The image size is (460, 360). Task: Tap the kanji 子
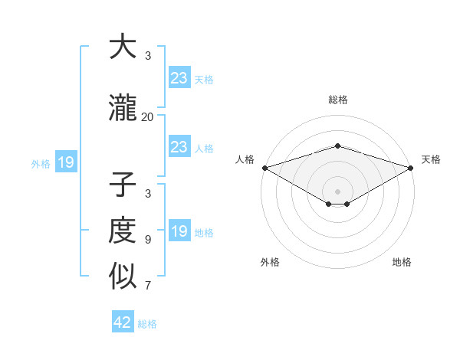coord(123,186)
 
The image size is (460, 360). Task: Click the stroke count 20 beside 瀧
coord(147,116)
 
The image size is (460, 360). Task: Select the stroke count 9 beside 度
coord(147,239)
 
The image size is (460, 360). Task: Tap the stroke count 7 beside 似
coord(147,286)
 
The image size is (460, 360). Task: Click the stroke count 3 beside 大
coord(147,56)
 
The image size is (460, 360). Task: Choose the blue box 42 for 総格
coord(123,322)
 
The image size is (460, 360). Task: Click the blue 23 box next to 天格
coord(179,78)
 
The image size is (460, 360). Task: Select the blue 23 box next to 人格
coord(179,147)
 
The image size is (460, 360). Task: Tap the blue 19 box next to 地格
coord(179,231)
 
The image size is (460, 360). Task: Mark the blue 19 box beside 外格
coord(65,162)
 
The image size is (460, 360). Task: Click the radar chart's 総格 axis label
coord(337,100)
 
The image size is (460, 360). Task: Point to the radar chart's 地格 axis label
coord(402,262)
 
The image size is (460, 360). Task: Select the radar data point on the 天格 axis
coord(411,168)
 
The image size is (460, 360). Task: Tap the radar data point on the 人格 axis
coord(264,168)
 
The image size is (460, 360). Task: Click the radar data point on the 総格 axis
coord(337,146)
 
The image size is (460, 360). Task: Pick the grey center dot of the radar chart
coord(337,191)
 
